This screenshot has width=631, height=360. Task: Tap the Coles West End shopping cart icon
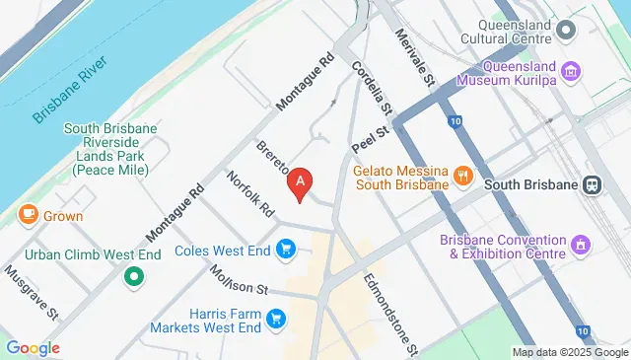[x=287, y=249]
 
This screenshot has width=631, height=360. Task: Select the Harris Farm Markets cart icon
[x=276, y=318]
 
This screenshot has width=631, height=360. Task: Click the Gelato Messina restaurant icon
[x=462, y=176]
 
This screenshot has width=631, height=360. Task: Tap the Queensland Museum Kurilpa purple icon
[x=571, y=70]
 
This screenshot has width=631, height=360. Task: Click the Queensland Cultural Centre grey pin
[x=565, y=30]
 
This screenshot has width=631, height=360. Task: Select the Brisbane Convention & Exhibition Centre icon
[x=582, y=243]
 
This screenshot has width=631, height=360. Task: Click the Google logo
[x=33, y=347]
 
